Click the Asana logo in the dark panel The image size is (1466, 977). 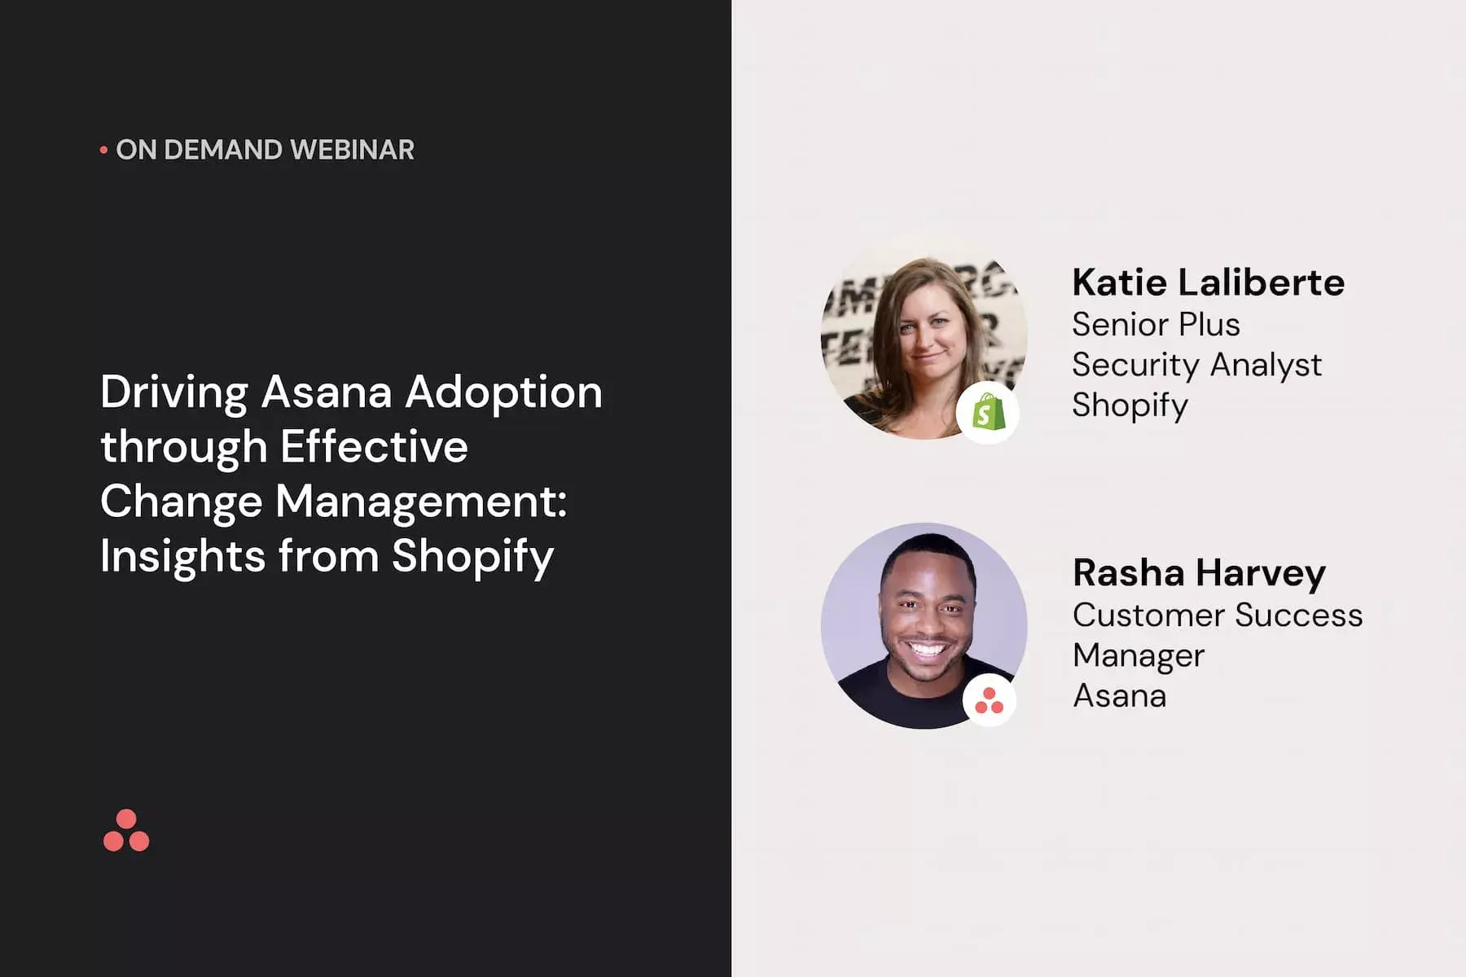click(x=126, y=830)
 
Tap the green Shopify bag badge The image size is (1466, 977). click(x=987, y=413)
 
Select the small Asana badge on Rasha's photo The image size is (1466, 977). click(x=989, y=699)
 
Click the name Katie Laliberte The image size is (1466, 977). click(x=1208, y=283)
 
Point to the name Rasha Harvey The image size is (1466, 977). click(x=1199, y=574)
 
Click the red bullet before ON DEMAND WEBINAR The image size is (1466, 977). click(x=103, y=150)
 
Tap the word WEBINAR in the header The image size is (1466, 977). click(x=352, y=150)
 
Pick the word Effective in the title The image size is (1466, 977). click(x=374, y=446)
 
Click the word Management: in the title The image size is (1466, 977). click(x=420, y=502)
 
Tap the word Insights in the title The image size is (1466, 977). click(x=182, y=556)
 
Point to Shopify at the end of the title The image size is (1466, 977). click(x=472, y=558)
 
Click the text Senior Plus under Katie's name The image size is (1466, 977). click(x=1156, y=324)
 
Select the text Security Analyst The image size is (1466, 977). click(x=1196, y=365)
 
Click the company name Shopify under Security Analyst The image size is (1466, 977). click(x=1130, y=405)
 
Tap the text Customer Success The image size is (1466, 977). click(x=1217, y=615)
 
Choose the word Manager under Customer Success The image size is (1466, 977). click(x=1138, y=656)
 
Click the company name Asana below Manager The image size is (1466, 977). click(x=1119, y=696)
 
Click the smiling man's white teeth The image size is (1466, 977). click(x=927, y=650)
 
